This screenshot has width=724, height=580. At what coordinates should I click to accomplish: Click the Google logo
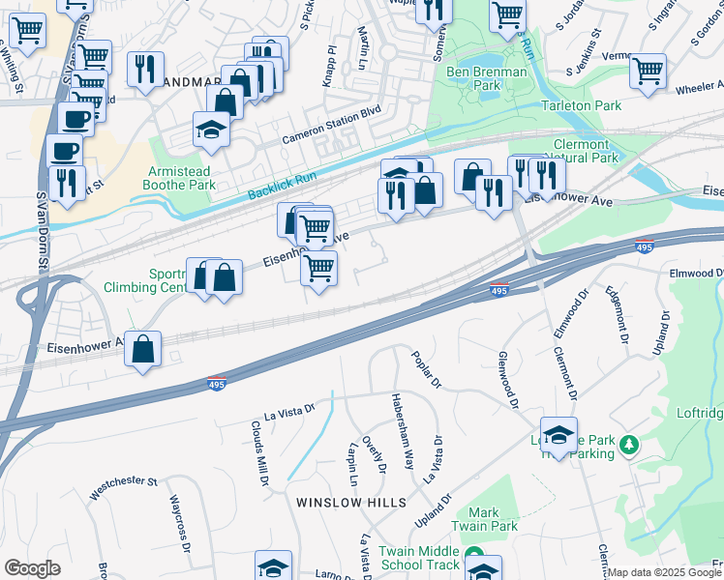click(x=32, y=568)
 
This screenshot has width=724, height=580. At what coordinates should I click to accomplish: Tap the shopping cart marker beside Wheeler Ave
click(x=648, y=69)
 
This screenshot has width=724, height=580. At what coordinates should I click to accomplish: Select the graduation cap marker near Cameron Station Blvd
click(x=210, y=128)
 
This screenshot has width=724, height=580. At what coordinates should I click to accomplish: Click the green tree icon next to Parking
click(x=630, y=445)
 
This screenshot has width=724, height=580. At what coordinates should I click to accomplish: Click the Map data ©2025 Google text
click(x=664, y=572)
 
